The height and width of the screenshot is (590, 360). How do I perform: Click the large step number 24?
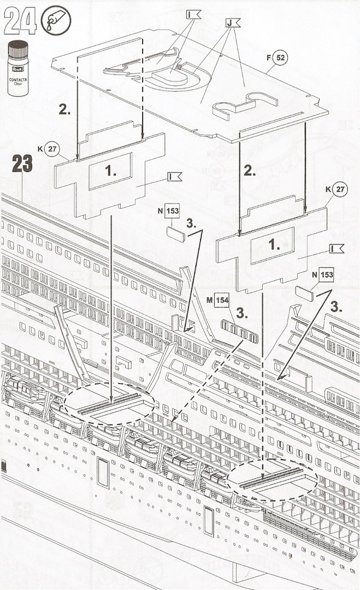coord(21,22)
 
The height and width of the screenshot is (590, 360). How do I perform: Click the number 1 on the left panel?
coord(111,170)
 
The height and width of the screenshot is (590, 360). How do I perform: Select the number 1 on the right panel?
coord(274,245)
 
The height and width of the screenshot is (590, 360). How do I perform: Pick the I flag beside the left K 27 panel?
coord(175,176)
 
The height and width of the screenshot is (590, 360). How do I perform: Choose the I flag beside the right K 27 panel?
coord(337,248)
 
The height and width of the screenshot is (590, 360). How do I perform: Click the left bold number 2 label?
coord(64,109)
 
